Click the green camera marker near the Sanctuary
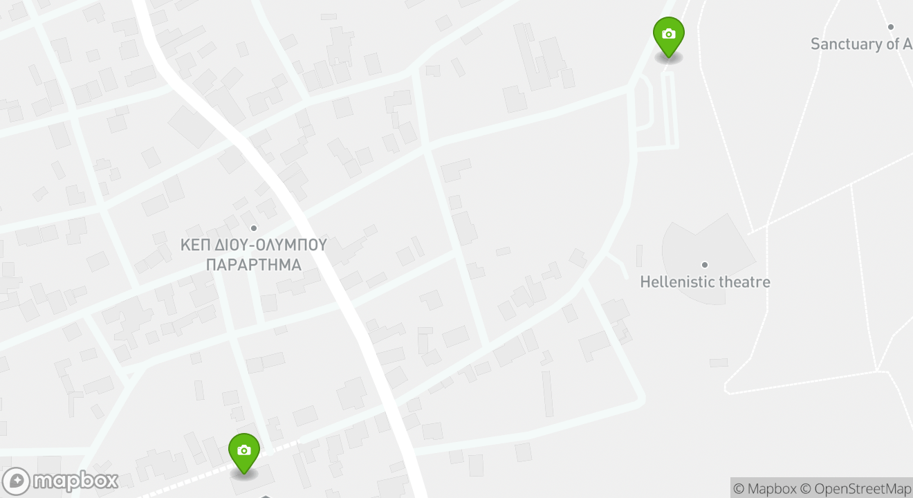[668, 35]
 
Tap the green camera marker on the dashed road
[243, 452]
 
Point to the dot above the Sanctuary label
[891, 27]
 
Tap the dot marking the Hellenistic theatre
[705, 265]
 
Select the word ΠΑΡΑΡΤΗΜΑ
[254, 265]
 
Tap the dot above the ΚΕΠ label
[254, 228]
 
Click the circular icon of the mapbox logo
[17, 481]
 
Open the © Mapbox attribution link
[764, 489]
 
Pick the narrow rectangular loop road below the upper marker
[669, 111]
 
